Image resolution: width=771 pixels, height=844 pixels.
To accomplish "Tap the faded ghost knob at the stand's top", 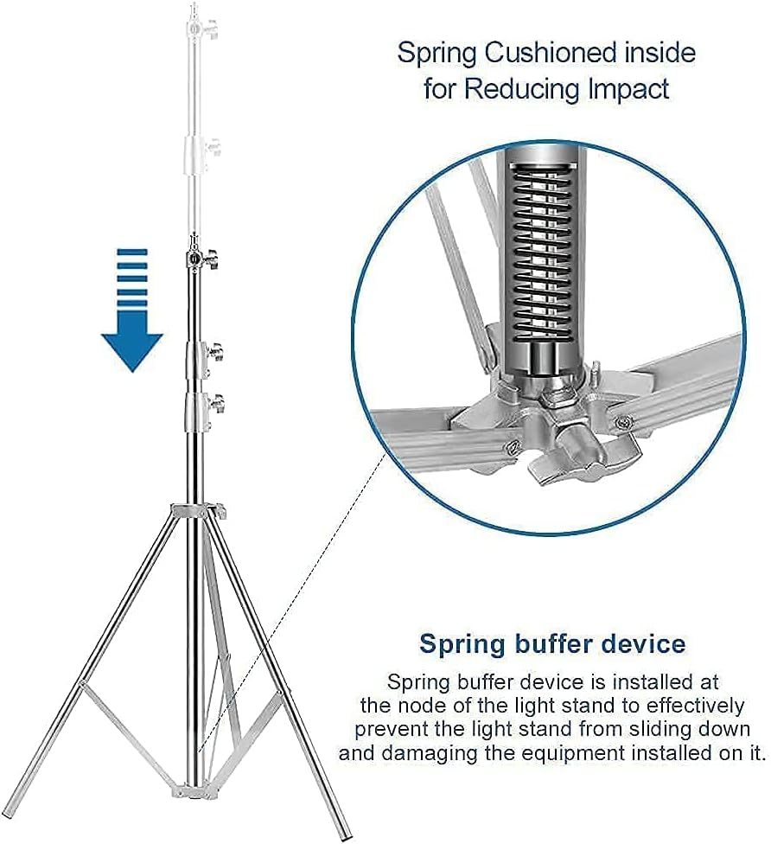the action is click(212, 27).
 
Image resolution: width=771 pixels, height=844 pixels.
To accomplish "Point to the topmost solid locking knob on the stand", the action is click(210, 258).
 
